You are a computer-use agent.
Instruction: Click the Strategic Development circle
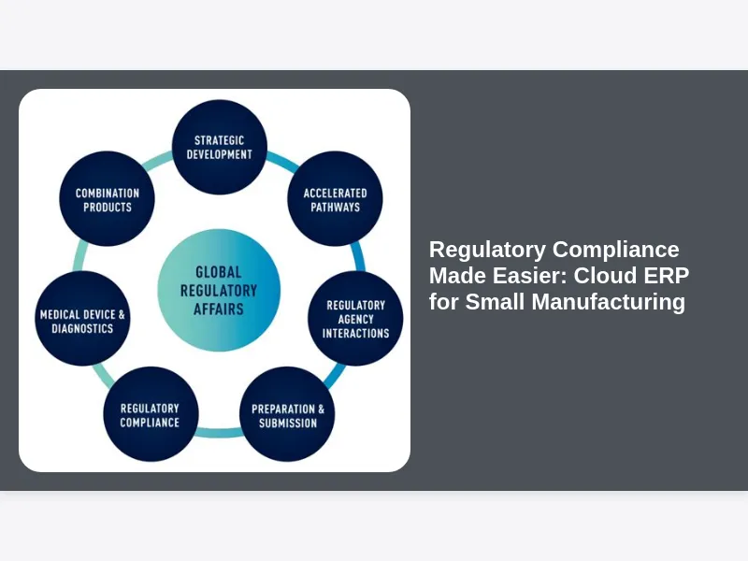(220, 148)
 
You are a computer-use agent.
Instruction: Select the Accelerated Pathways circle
(335, 199)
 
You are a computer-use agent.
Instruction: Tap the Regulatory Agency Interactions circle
(355, 319)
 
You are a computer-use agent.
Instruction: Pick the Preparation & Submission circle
(288, 414)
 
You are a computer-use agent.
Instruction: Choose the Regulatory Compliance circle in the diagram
(150, 414)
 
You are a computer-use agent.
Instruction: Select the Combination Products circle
(107, 199)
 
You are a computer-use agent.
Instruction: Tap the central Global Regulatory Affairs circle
(219, 290)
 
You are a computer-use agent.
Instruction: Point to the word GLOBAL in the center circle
(219, 272)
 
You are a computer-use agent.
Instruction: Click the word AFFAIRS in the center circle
(219, 309)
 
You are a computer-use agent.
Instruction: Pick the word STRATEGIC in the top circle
(220, 140)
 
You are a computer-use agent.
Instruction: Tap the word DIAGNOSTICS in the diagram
(82, 328)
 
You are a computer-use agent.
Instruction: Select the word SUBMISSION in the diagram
(288, 423)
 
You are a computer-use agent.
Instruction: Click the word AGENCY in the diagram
(355, 319)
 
